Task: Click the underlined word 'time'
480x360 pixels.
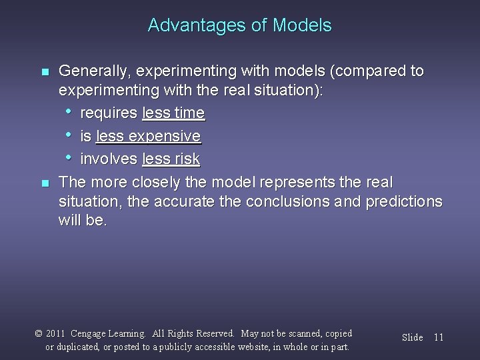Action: pos(190,113)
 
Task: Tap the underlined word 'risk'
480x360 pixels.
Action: pos(187,159)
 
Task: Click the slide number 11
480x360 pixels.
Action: pos(438,337)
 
